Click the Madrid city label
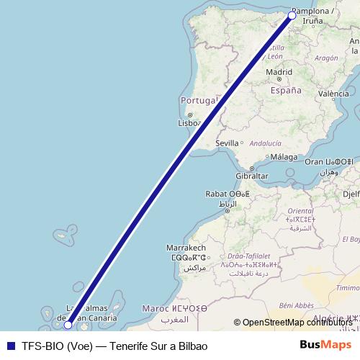[x=279, y=72]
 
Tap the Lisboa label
[x=188, y=123]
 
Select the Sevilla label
[x=228, y=143]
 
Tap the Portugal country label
[x=198, y=100]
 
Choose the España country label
[x=285, y=91]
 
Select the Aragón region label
[x=326, y=58]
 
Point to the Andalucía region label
[x=265, y=143]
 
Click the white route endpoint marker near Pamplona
[x=292, y=16]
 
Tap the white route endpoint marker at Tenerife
[x=68, y=325]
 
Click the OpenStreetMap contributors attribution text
[x=295, y=322]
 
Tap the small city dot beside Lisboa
[x=190, y=114]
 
